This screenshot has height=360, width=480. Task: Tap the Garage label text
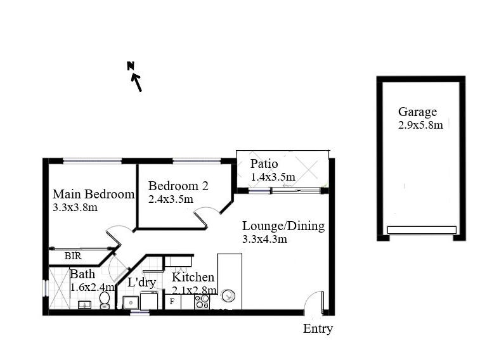417,112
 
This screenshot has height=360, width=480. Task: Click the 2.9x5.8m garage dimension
420,125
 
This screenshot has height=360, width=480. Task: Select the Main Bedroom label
93,194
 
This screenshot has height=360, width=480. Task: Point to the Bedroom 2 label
178,186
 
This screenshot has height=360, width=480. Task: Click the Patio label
264,164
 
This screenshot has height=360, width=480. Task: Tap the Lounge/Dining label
283,226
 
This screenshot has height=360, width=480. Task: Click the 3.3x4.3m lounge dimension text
264,239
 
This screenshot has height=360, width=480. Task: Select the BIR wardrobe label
73,257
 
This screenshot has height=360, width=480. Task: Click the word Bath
82,274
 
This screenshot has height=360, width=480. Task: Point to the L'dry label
141,283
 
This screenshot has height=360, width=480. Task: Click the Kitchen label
193,278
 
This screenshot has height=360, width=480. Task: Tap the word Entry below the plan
318,328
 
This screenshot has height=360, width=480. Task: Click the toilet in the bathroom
105,299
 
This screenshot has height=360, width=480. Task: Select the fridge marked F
171,302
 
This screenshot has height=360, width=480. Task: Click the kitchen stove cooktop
202,302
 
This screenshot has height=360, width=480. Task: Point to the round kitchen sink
228,296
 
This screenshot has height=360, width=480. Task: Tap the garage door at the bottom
422,229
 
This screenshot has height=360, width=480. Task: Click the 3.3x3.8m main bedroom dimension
75,207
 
